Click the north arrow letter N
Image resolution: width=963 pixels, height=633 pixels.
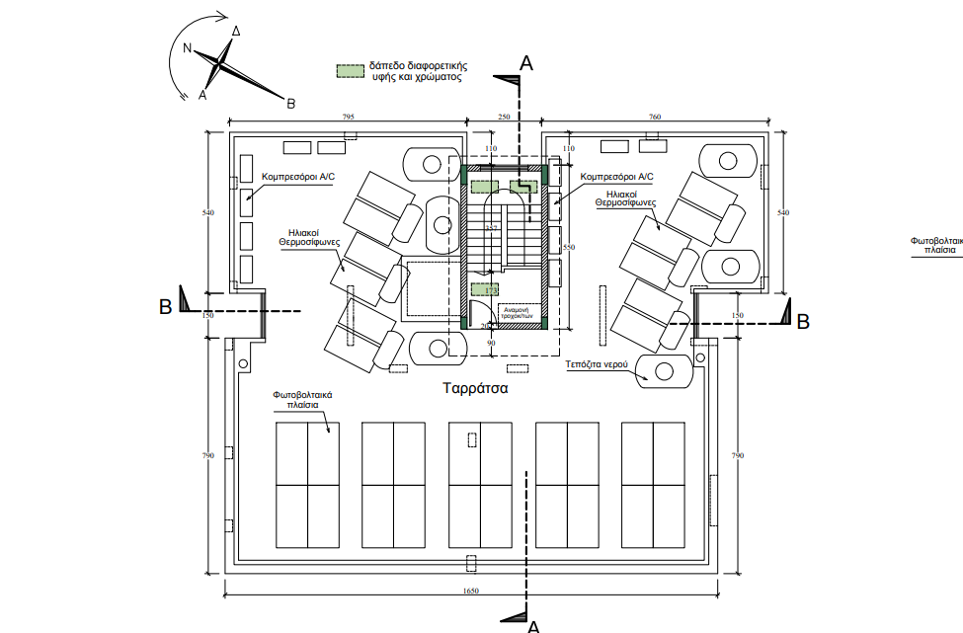[x=187, y=48]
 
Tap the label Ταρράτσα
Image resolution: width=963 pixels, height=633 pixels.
[x=475, y=388]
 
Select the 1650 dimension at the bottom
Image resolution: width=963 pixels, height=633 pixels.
[x=470, y=591]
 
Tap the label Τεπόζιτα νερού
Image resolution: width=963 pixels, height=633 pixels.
[x=598, y=363]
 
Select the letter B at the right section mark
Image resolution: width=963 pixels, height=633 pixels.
[x=803, y=321]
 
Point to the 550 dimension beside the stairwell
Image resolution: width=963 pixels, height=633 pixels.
[x=567, y=248]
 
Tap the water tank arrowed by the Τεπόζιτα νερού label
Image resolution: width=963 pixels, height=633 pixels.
[x=665, y=370]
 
